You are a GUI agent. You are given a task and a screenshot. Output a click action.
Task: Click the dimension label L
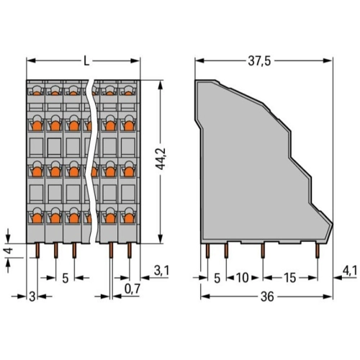pyautogui.click(x=86, y=62)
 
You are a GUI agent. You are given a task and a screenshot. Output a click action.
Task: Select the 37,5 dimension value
pyautogui.click(x=259, y=61)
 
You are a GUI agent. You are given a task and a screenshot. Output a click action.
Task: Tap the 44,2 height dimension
pyautogui.click(x=161, y=159)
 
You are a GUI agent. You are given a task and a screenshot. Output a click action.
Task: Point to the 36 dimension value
pyautogui.click(x=267, y=297)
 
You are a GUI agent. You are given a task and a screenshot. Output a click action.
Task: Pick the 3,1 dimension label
pyautogui.click(x=161, y=271)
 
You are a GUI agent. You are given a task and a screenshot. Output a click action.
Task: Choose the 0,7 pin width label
pyautogui.click(x=132, y=289)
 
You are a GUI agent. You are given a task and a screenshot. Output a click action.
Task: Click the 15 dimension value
pyautogui.click(x=290, y=278)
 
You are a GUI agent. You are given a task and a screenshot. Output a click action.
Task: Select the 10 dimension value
pyautogui.click(x=243, y=278)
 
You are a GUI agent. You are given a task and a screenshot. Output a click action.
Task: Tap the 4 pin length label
pyautogui.click(x=9, y=251)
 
